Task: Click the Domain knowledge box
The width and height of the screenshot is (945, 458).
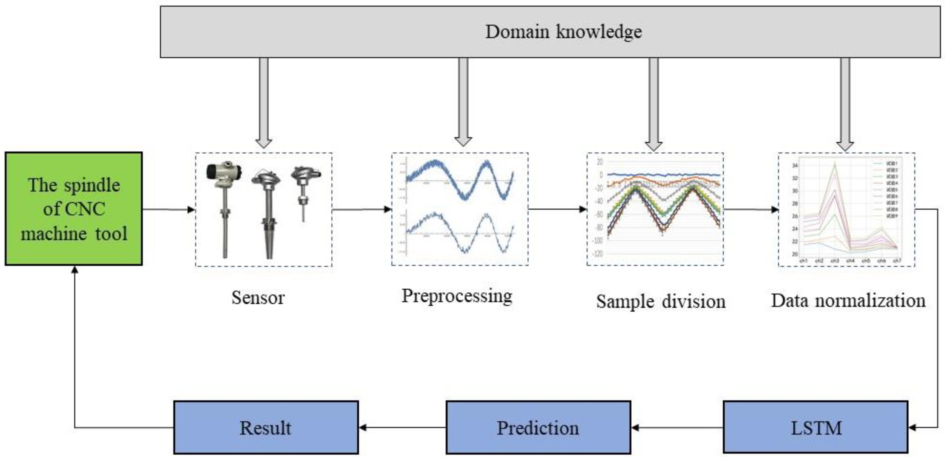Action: (550, 32)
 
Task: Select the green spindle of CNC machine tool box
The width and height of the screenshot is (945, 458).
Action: (74, 209)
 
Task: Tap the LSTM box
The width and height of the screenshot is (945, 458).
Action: (816, 427)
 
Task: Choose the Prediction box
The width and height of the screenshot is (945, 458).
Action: (538, 427)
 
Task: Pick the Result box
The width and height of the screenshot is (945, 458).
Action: (266, 427)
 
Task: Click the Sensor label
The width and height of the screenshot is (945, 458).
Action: (258, 297)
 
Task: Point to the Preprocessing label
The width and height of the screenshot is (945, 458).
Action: (457, 296)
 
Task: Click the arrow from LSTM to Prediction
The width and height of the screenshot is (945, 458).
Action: (677, 428)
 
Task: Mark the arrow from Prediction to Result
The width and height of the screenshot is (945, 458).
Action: (402, 428)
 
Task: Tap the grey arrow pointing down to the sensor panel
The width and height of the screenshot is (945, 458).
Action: (264, 103)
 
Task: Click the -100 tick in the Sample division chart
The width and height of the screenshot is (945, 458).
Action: (598, 241)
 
